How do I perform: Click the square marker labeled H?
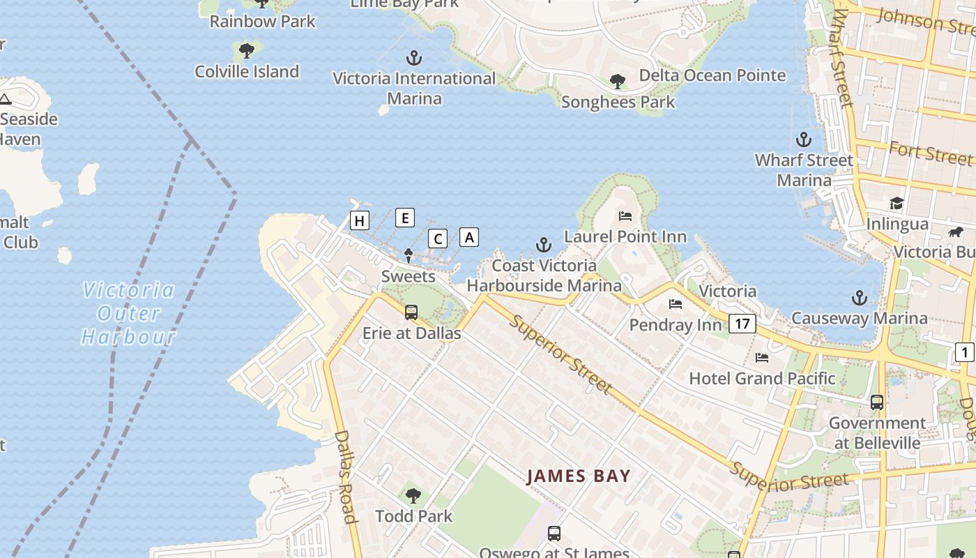(x=359, y=221)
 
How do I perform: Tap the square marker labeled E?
(x=405, y=218)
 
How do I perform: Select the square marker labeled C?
(x=438, y=239)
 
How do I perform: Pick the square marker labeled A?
(x=469, y=237)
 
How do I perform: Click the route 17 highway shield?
(x=743, y=323)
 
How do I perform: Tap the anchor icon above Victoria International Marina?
(x=415, y=57)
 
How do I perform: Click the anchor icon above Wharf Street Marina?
(x=804, y=139)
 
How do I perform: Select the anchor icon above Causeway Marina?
(x=859, y=298)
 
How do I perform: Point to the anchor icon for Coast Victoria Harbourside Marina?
(x=543, y=244)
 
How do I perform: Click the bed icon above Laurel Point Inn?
(x=625, y=216)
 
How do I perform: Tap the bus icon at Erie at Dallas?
(x=411, y=312)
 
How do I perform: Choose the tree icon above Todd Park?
(x=413, y=496)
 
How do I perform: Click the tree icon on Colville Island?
(x=246, y=50)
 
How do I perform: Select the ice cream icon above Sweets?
(x=409, y=256)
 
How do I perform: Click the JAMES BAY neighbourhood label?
(x=579, y=476)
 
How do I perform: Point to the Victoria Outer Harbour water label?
(x=129, y=313)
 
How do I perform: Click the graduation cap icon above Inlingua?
(x=897, y=203)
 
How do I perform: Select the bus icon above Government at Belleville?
(x=877, y=402)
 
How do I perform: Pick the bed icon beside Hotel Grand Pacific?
(x=762, y=358)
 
